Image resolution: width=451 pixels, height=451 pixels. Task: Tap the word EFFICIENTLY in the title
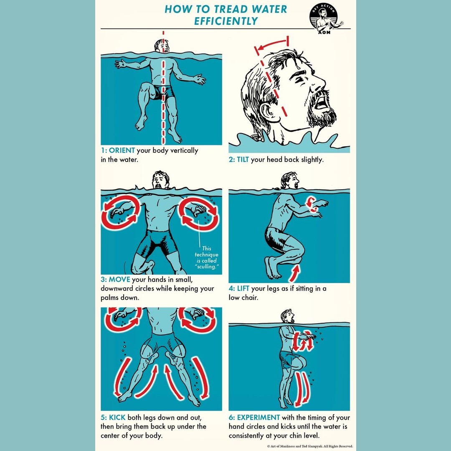pos(225,21)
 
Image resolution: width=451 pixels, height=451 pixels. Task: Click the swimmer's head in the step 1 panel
pos(162,46)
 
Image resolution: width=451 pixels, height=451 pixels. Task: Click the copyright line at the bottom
pos(310,446)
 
